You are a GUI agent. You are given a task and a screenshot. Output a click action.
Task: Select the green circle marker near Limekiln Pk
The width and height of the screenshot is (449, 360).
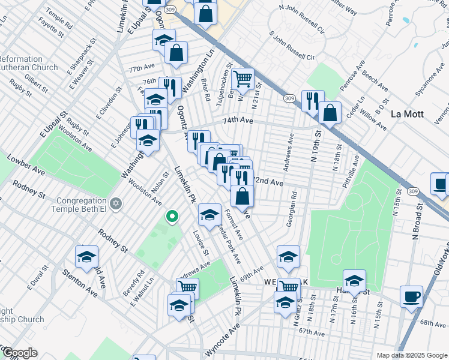click(x=172, y=216)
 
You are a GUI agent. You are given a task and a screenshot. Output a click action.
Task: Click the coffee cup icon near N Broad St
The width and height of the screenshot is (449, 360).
click(x=411, y=296)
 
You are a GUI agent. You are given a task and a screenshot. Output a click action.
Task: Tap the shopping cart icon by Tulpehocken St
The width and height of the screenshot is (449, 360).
click(x=243, y=79)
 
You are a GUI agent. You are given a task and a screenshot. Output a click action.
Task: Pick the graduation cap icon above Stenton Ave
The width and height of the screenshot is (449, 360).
click(x=86, y=257)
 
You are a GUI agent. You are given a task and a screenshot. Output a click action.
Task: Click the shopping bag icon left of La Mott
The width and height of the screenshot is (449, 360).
click(x=330, y=112)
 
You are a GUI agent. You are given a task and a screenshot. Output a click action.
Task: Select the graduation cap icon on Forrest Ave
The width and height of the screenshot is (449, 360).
click(x=209, y=214)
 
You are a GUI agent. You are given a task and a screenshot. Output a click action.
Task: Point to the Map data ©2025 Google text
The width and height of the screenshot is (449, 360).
click(x=412, y=355)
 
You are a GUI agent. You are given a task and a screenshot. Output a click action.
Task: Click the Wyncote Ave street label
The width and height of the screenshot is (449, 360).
click(x=224, y=333)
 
